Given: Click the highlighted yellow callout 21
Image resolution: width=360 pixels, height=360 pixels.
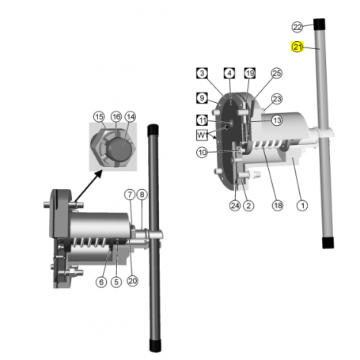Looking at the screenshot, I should click(x=297, y=47).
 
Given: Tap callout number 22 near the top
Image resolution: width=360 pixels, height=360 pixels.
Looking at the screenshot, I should click(x=297, y=28).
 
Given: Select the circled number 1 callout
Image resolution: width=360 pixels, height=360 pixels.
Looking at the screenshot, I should click(x=301, y=205).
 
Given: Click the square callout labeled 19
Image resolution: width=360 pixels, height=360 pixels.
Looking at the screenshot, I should click(x=250, y=74).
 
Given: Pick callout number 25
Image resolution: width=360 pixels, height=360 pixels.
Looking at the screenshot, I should click(x=276, y=74).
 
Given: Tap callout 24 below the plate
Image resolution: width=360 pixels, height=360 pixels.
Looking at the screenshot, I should click(x=235, y=206).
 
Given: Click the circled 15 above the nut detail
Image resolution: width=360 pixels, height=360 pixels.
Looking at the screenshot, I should click(x=99, y=117).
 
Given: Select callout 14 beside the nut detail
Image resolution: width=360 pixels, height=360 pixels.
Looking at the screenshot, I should click(x=131, y=117).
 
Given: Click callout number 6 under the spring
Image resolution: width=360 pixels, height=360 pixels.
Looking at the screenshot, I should click(x=100, y=282).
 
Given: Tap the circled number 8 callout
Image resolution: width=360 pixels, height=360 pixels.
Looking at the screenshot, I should click(x=142, y=195).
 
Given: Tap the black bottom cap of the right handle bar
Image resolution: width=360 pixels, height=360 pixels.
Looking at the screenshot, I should click(x=327, y=242).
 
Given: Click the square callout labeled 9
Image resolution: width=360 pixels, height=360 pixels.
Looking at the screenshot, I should click(x=202, y=99).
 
